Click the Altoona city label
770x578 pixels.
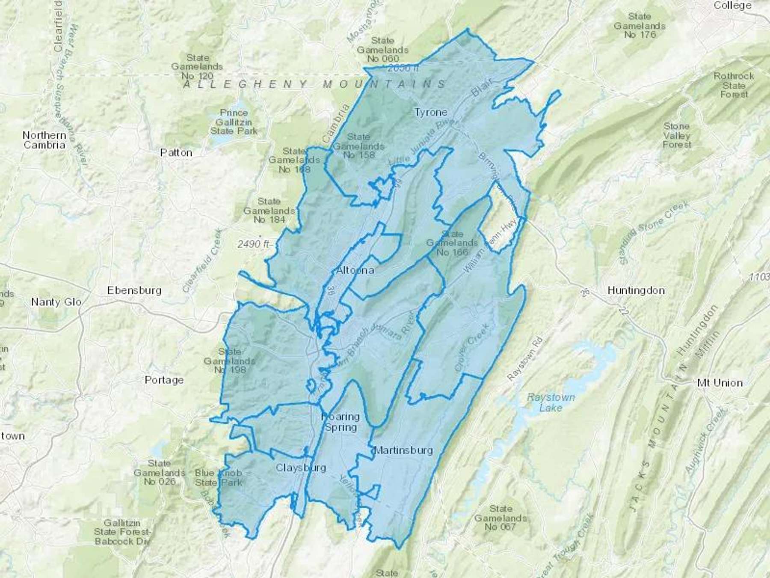355,271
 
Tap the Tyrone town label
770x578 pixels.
431,112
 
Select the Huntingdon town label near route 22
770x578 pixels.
636,291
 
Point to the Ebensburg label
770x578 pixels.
134,291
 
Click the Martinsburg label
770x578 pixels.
403,450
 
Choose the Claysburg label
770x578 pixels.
301,468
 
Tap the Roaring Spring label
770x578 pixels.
341,422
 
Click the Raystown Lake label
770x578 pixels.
551,402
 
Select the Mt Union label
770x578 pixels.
720,383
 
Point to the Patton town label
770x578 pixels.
176,153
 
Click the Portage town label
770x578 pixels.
164,380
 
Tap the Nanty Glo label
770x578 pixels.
56,302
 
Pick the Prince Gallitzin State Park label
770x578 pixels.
234,122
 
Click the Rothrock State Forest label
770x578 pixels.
734,85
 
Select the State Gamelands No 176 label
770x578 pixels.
640,25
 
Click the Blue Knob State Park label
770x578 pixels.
218,478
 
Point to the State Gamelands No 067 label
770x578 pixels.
500,518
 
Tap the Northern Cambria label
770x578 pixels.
44,140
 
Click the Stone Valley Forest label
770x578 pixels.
677,135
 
